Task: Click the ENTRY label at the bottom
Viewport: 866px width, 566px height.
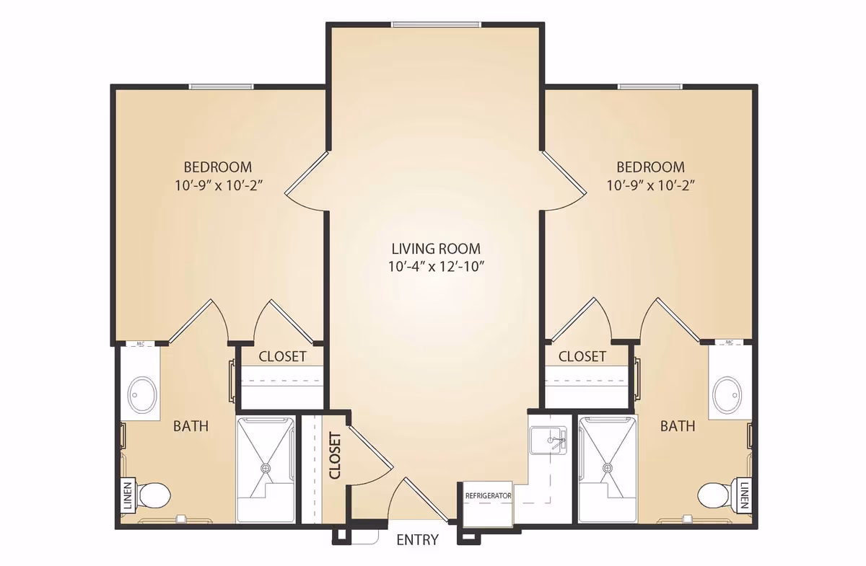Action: coord(417,540)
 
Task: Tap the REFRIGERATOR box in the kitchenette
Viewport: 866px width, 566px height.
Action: coord(488,497)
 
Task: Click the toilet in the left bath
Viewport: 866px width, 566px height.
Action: coord(154,495)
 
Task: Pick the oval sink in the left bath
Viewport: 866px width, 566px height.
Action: coord(141,395)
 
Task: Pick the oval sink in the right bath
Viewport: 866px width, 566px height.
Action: coord(727,395)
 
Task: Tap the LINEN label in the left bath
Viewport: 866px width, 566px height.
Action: coord(128,496)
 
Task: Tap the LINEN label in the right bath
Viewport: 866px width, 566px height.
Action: coord(743,495)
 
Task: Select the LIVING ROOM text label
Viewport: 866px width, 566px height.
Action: coord(434,249)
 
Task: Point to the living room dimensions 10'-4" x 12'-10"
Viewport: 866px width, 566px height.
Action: coord(434,267)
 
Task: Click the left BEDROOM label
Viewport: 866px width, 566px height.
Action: coord(217,167)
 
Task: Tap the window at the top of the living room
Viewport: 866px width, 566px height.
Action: coord(436,25)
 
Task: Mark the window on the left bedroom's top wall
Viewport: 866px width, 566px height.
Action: coord(221,87)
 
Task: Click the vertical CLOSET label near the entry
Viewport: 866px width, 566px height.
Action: coord(335,456)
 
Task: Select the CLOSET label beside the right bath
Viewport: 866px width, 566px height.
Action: coord(582,356)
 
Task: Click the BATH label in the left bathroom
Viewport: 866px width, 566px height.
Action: coord(191,426)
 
